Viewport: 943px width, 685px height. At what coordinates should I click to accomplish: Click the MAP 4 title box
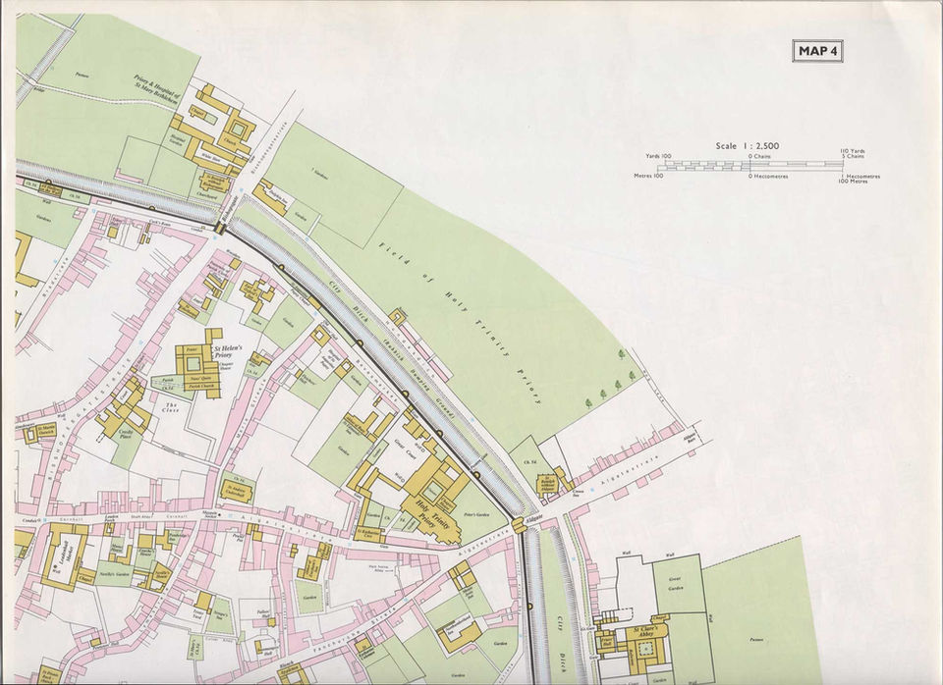(817, 51)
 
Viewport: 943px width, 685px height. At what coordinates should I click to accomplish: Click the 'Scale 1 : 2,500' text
(747, 146)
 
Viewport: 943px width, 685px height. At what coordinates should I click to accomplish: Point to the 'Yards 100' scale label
(658, 156)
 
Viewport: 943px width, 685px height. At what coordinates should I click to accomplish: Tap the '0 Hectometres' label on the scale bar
(771, 177)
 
